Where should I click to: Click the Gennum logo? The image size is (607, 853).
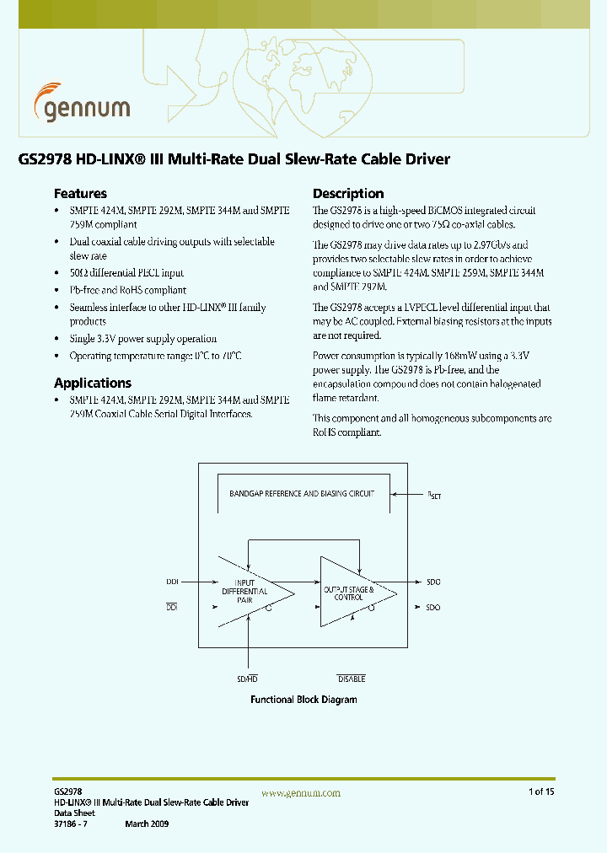82,103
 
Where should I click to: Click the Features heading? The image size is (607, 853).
80,193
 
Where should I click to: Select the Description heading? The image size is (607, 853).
348,193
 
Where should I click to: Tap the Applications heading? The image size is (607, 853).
93,383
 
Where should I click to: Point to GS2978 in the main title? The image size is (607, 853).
44,158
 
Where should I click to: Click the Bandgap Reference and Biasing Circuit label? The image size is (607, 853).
302,494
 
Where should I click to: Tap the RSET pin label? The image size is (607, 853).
434,496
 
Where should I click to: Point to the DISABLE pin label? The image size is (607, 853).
352,679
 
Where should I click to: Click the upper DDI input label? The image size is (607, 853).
172,582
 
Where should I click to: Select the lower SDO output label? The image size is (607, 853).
433,608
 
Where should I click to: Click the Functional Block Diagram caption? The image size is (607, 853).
303,700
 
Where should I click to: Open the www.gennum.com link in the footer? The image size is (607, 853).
301,793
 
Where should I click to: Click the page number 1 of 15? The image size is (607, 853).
541,791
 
